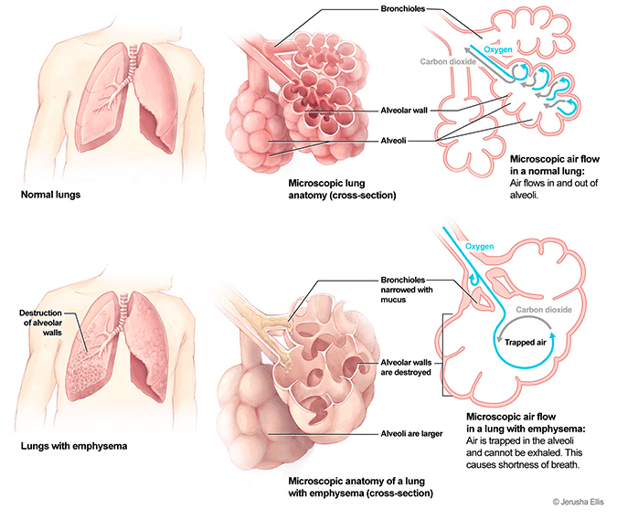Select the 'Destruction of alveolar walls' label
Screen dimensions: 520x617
pyautogui.click(x=39, y=323)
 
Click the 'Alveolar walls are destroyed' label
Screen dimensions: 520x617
pyautogui.click(x=405, y=366)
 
